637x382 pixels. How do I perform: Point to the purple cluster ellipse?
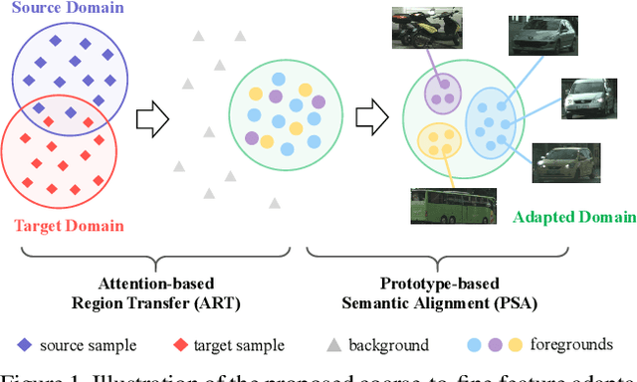click(442, 93)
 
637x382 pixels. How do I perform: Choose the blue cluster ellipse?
click(494, 120)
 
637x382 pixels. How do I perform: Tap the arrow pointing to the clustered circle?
click(372, 116)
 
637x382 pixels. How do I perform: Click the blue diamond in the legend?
click(23, 345)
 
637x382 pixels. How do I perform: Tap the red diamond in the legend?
click(179, 345)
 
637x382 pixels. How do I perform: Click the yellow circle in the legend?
click(516, 345)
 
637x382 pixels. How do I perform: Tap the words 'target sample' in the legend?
click(239, 346)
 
